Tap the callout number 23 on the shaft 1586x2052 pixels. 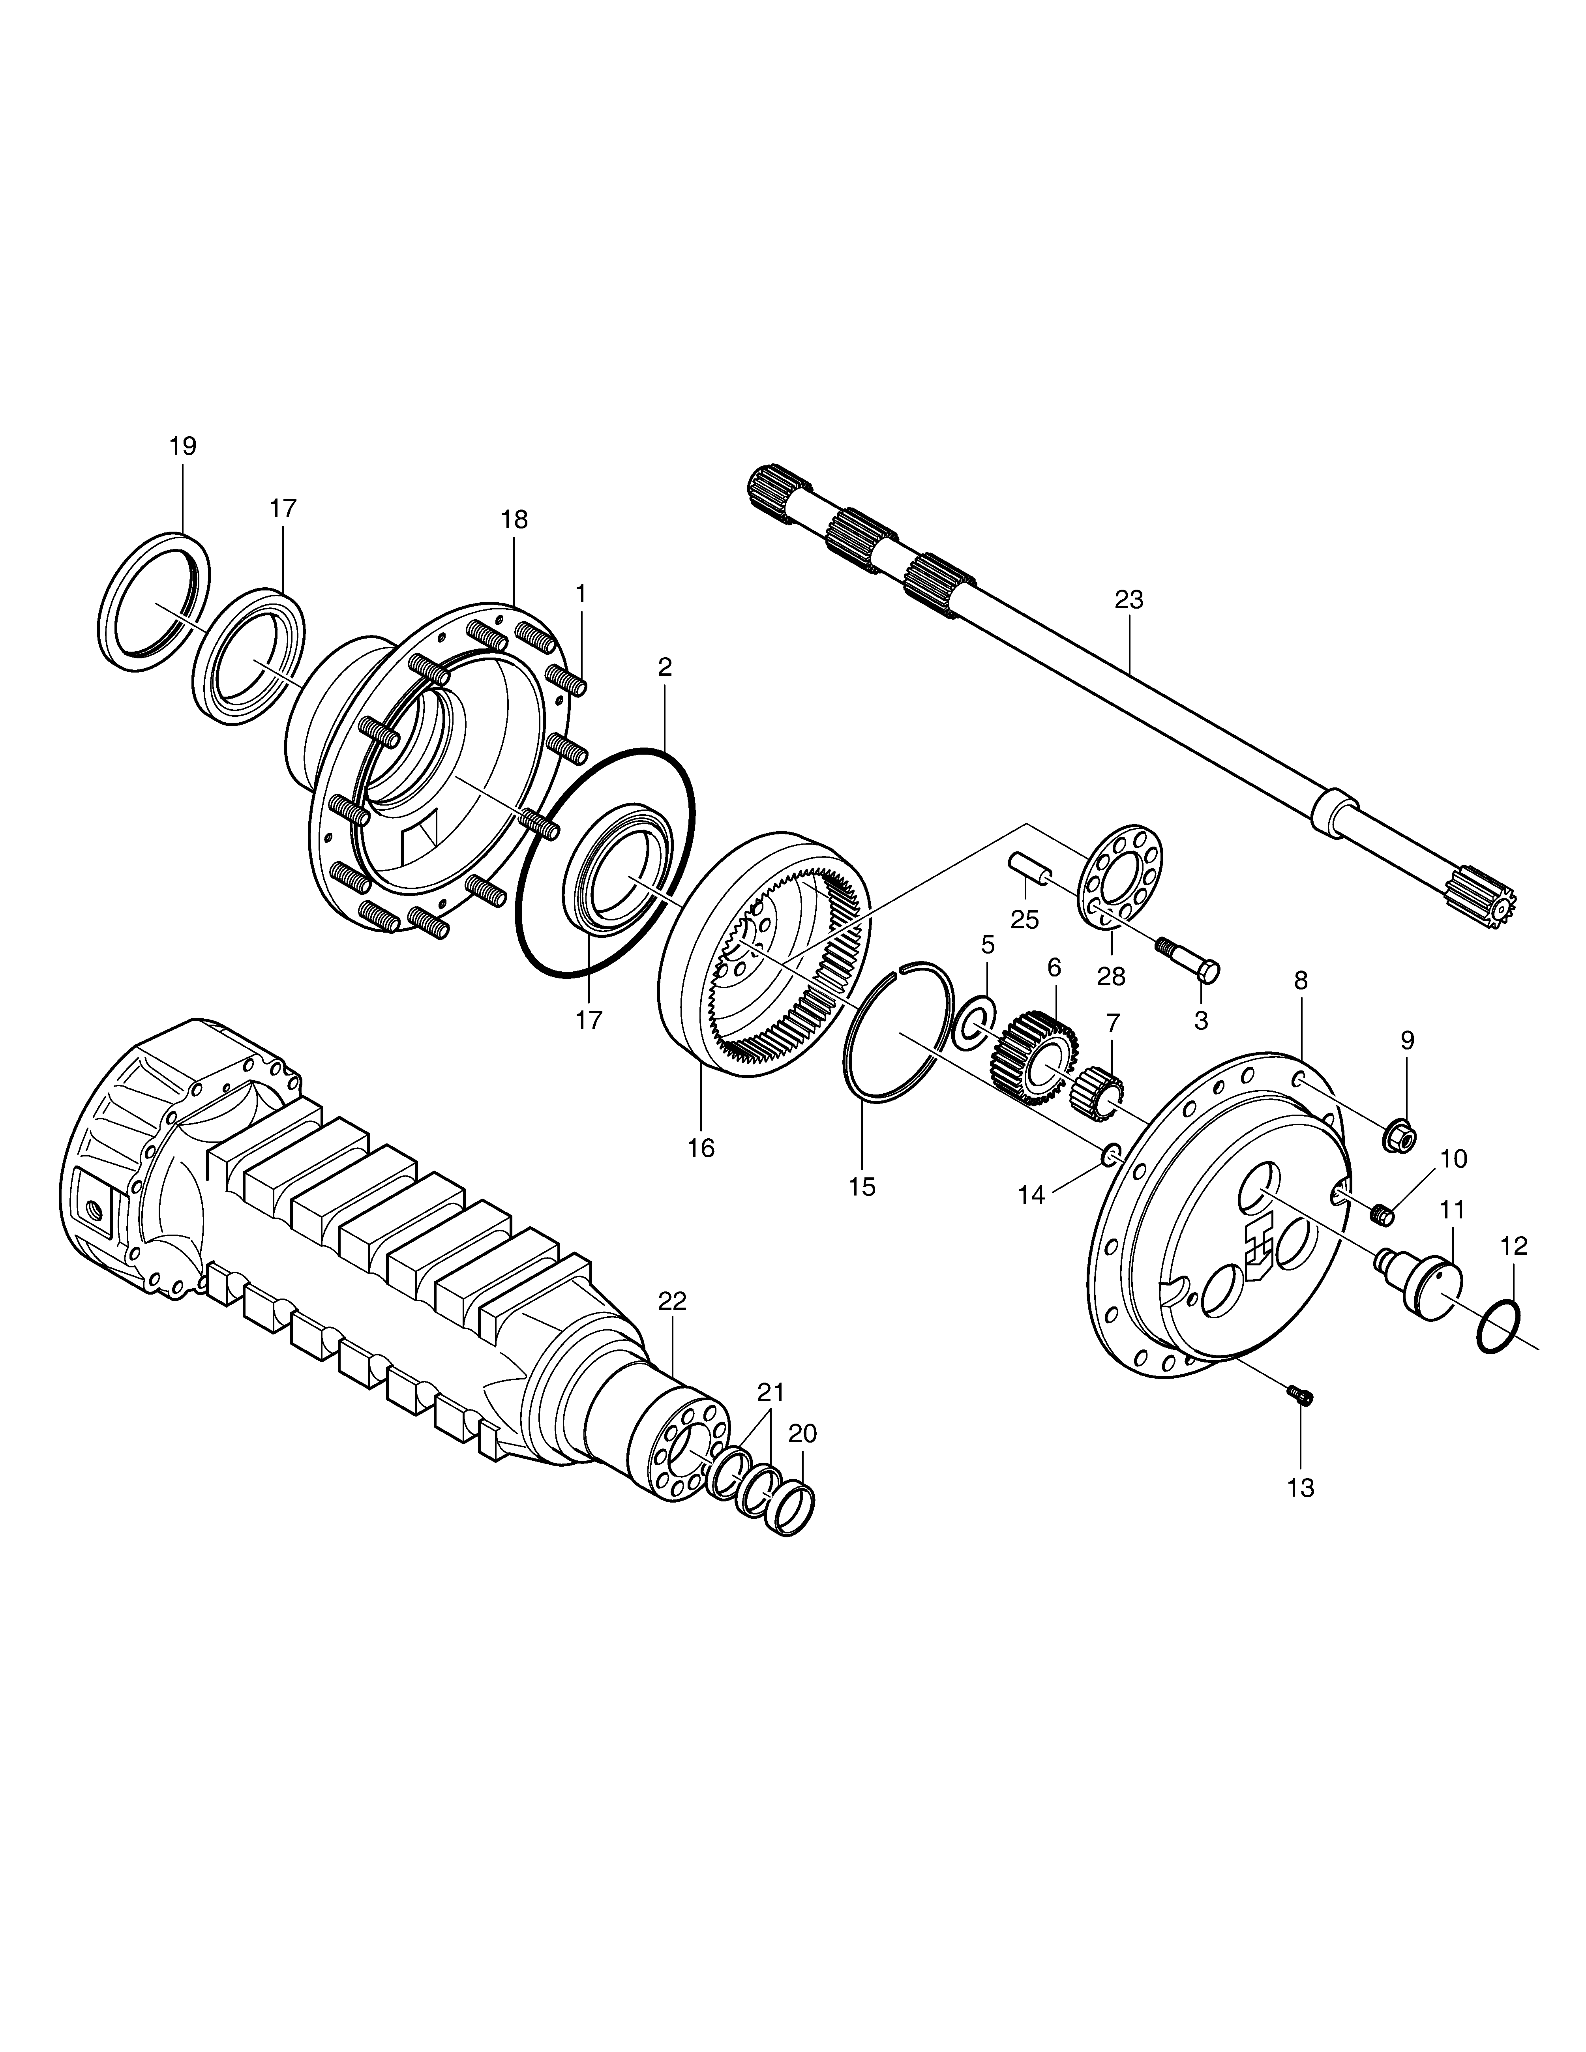(x=1129, y=600)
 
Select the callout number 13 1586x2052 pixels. (x=1301, y=1488)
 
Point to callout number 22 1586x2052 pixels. (x=673, y=1301)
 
